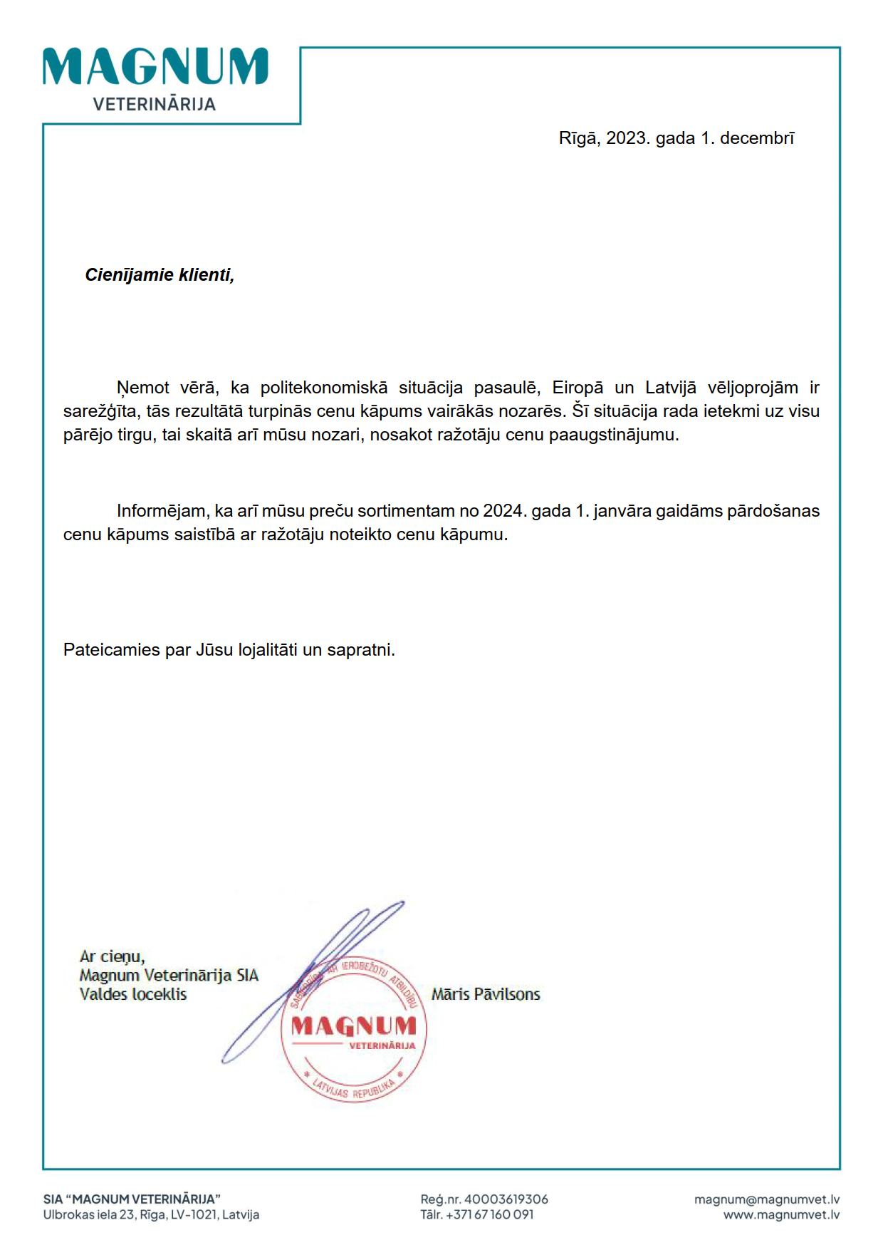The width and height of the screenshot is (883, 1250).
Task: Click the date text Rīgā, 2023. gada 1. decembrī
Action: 676,138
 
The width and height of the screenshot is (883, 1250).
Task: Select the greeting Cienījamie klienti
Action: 160,275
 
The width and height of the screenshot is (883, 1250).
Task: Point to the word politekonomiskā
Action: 323,388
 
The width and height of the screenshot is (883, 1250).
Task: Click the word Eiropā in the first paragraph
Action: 578,388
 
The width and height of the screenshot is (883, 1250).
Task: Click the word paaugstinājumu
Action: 613,435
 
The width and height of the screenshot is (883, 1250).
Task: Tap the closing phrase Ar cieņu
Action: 112,956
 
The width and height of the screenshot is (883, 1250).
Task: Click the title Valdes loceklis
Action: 133,994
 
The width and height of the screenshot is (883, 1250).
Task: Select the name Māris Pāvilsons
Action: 486,994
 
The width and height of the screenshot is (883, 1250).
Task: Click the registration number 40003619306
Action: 506,1199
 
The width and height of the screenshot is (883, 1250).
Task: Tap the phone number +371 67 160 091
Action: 489,1214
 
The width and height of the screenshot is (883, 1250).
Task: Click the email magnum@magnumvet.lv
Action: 767,1199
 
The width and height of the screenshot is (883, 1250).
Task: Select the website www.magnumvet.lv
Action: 781,1214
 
